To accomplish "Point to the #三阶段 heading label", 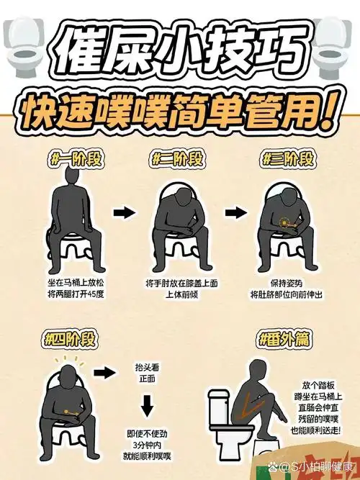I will pos(287,158).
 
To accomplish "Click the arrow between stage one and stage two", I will pos(125,213).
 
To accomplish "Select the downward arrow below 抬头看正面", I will pos(147,407).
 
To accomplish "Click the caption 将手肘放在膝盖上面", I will pos(179,283).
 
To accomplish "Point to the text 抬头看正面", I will pos(147,372).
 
